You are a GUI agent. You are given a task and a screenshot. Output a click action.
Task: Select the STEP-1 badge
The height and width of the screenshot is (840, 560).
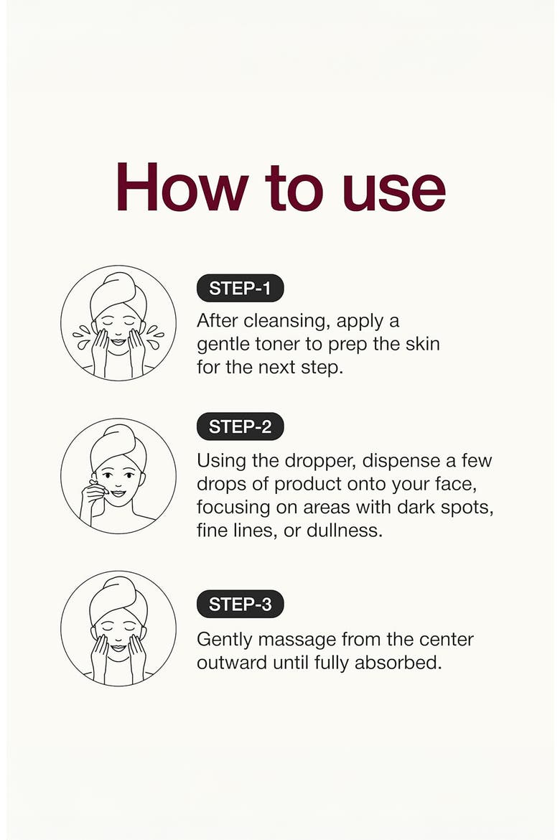(240, 288)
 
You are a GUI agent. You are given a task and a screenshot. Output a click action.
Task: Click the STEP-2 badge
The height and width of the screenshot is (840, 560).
(240, 426)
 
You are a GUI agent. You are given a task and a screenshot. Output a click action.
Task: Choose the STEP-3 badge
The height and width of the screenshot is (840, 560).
(240, 605)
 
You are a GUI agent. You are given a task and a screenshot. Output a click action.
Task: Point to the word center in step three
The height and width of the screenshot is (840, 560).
(447, 640)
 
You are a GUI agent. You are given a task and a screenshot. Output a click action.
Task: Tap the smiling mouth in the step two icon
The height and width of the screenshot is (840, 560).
(118, 493)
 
